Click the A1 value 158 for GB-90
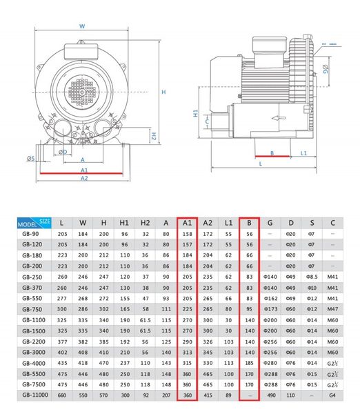tap(187, 234)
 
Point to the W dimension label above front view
tap(82, 27)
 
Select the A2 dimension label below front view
tap(84, 178)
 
